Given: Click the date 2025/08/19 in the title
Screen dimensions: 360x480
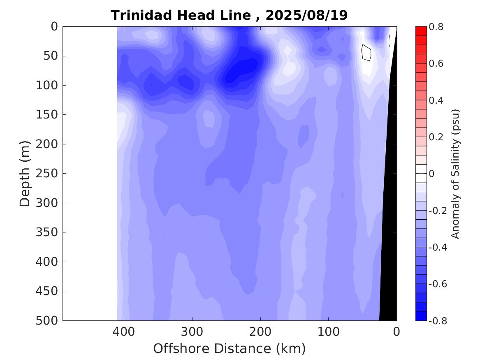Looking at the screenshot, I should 306,15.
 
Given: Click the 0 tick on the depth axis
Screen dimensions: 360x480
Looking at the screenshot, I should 54,27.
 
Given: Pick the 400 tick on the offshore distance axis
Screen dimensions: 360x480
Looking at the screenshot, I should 124,331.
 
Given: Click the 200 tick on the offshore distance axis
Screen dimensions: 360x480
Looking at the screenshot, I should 260,331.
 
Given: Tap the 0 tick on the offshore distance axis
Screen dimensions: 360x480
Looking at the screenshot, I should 397,331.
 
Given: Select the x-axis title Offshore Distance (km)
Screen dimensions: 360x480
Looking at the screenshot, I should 230,348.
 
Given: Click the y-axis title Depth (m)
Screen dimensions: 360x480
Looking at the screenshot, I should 25,173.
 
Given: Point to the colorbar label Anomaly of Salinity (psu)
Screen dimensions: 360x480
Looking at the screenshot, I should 455,174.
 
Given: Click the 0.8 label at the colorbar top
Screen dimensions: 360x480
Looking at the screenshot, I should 436,27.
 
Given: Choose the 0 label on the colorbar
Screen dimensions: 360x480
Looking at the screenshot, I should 431,174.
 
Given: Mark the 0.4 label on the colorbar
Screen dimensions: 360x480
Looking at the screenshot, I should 436,100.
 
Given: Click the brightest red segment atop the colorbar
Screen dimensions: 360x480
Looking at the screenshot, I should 421,31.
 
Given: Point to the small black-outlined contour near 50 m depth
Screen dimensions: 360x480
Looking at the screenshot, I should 366,53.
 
